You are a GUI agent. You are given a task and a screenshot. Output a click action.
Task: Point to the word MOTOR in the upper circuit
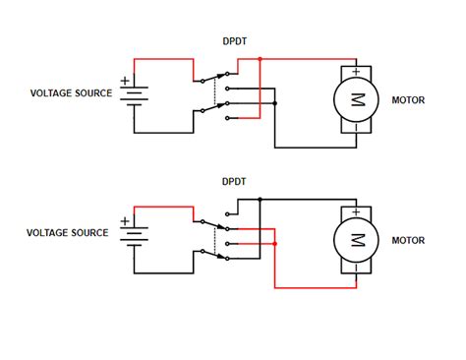(408, 99)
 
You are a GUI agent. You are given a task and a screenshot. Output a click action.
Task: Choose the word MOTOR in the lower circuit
(408, 239)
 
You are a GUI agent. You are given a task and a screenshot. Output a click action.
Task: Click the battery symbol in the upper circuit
(134, 96)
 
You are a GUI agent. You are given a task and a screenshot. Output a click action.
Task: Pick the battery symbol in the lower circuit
(134, 235)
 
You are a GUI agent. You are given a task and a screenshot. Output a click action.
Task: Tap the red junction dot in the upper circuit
(260, 59)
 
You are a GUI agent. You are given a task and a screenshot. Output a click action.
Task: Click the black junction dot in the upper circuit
(277, 102)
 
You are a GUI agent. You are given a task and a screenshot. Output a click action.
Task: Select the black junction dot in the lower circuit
(260, 199)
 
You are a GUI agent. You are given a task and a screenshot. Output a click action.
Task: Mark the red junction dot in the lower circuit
(275, 243)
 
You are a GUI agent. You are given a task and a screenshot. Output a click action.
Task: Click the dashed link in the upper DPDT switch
(214, 91)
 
